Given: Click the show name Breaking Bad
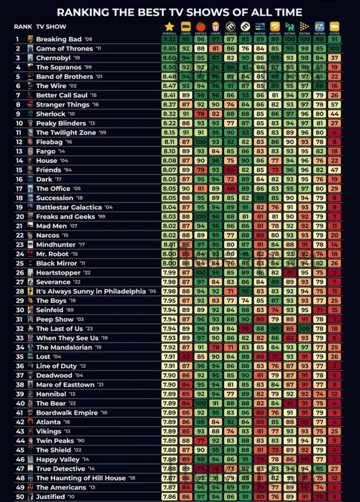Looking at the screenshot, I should pos(58,39).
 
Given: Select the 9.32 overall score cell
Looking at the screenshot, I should pos(169,39).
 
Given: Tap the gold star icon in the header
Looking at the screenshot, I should pos(169,26).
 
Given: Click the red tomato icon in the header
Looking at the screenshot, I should pos(200,26).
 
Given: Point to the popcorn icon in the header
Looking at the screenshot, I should pos(215,26).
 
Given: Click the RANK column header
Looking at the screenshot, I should pos(22,26).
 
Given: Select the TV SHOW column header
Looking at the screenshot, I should pos(51,26).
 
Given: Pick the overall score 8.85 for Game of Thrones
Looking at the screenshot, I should pos(169,49).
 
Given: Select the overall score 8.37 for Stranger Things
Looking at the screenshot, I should pos(169,105).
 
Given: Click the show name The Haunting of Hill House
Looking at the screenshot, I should pos(81,478).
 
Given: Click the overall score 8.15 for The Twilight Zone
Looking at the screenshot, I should pos(169,133).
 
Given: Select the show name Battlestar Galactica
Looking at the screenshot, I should pos(69,207).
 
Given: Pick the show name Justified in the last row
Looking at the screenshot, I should pos(51,497).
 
